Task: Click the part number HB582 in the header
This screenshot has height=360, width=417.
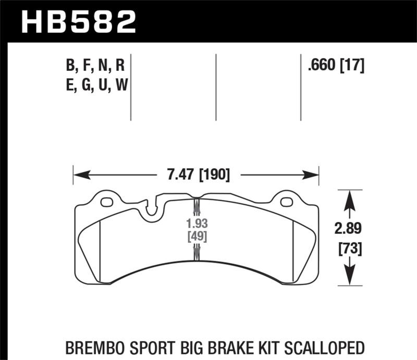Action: [x=78, y=21]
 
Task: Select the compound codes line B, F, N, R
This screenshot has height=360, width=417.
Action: [x=94, y=66]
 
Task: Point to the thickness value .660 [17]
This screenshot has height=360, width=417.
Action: [x=336, y=66]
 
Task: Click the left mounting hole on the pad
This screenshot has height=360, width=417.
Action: [x=107, y=203]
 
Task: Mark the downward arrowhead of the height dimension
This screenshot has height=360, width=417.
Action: [x=349, y=278]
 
